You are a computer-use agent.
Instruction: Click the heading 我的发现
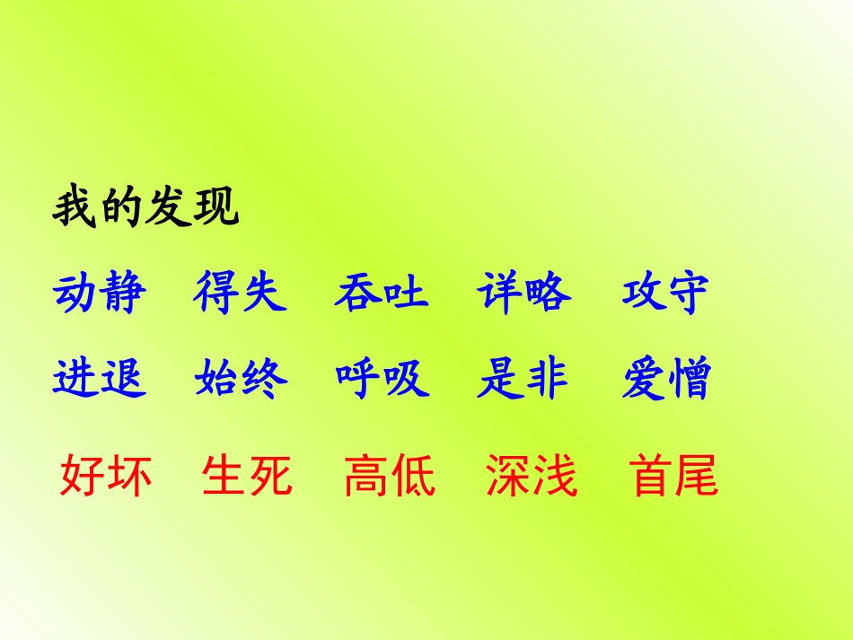click(x=146, y=207)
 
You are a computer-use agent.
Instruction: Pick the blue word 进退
click(x=99, y=379)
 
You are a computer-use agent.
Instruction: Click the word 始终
click(x=241, y=379)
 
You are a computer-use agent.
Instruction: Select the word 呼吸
click(x=383, y=379)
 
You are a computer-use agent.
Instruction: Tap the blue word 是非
click(x=523, y=379)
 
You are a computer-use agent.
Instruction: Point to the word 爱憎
click(x=665, y=379)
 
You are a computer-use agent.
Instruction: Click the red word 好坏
click(x=106, y=476)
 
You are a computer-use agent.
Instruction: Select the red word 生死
click(x=248, y=476)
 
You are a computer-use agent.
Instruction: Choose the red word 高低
click(x=390, y=476)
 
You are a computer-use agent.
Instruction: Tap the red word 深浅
click(x=532, y=476)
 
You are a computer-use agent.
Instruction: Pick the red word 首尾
click(x=673, y=476)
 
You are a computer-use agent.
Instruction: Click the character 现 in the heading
click(x=216, y=207)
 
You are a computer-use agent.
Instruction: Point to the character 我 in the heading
click(x=75, y=207)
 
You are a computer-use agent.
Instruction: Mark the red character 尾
click(x=697, y=476)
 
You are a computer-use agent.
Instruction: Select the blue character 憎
click(x=689, y=379)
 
